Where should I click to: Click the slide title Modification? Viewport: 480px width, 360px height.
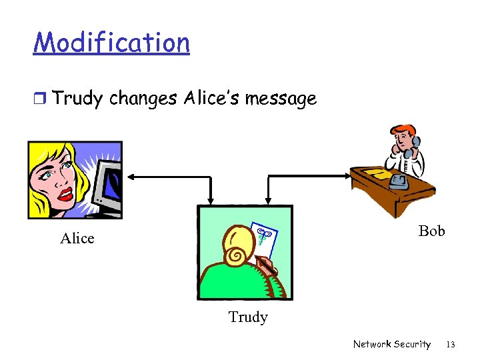[x=111, y=43]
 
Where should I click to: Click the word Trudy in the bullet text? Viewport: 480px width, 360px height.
[x=77, y=99]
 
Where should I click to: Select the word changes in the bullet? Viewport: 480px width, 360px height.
[x=143, y=99]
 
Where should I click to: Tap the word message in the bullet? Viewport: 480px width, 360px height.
[x=281, y=99]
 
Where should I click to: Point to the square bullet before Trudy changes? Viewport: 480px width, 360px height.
[x=40, y=99]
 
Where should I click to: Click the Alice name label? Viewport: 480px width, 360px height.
[x=77, y=238]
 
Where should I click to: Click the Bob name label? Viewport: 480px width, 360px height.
[x=431, y=231]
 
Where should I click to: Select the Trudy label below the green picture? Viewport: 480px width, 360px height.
[x=248, y=317]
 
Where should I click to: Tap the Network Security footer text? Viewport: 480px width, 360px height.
[x=392, y=344]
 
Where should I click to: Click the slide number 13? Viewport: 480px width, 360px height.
[x=451, y=344]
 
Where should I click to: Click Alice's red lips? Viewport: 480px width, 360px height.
[x=65, y=194]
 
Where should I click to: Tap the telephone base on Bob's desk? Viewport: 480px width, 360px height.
[x=399, y=181]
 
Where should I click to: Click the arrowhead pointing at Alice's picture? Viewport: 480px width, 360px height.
[x=129, y=177]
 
